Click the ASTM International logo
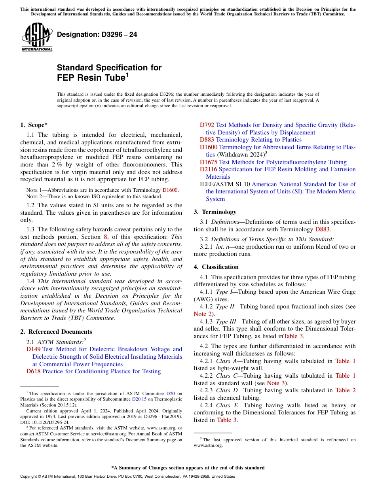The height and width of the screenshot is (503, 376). (x=37, y=38)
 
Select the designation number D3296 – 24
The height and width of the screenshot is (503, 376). (x=97, y=34)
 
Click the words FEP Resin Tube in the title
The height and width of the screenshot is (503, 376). (x=91, y=78)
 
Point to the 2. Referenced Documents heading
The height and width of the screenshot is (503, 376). (x=56, y=332)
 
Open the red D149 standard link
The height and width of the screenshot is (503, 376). (x=33, y=349)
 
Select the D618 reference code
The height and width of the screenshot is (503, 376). (x=33, y=371)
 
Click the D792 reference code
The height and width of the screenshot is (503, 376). (x=207, y=125)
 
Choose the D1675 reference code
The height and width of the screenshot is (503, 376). (x=208, y=162)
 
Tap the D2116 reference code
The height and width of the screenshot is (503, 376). (x=208, y=169)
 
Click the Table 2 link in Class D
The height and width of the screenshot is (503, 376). (x=345, y=390)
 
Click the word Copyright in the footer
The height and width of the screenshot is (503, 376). (x=29, y=477)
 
